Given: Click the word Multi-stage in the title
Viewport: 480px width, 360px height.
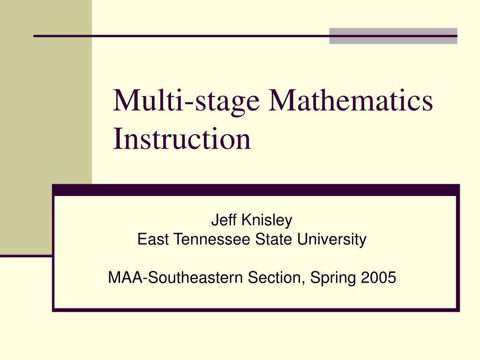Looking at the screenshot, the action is click(187, 102).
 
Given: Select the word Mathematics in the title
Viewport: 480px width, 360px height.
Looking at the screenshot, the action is click(351, 100).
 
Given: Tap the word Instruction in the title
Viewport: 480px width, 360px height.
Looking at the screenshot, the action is click(182, 139).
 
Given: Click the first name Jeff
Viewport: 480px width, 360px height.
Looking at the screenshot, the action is click(224, 220).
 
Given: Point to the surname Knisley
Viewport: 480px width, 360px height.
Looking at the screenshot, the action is click(267, 220).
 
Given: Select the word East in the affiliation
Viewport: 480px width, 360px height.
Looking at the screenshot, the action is click(153, 239).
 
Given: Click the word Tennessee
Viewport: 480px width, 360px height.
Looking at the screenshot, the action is click(212, 239).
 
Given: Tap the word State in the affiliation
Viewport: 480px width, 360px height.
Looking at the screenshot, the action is click(274, 239).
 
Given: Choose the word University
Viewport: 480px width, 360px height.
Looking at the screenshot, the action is click(331, 240).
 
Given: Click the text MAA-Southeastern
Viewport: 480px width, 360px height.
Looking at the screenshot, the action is click(175, 277).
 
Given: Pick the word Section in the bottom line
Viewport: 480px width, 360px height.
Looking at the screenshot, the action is click(276, 277).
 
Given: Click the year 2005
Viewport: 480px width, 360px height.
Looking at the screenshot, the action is click(378, 277).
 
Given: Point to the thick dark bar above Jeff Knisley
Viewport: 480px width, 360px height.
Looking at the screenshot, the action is click(256, 190).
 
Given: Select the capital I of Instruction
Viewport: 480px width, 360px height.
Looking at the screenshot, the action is click(118, 138).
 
